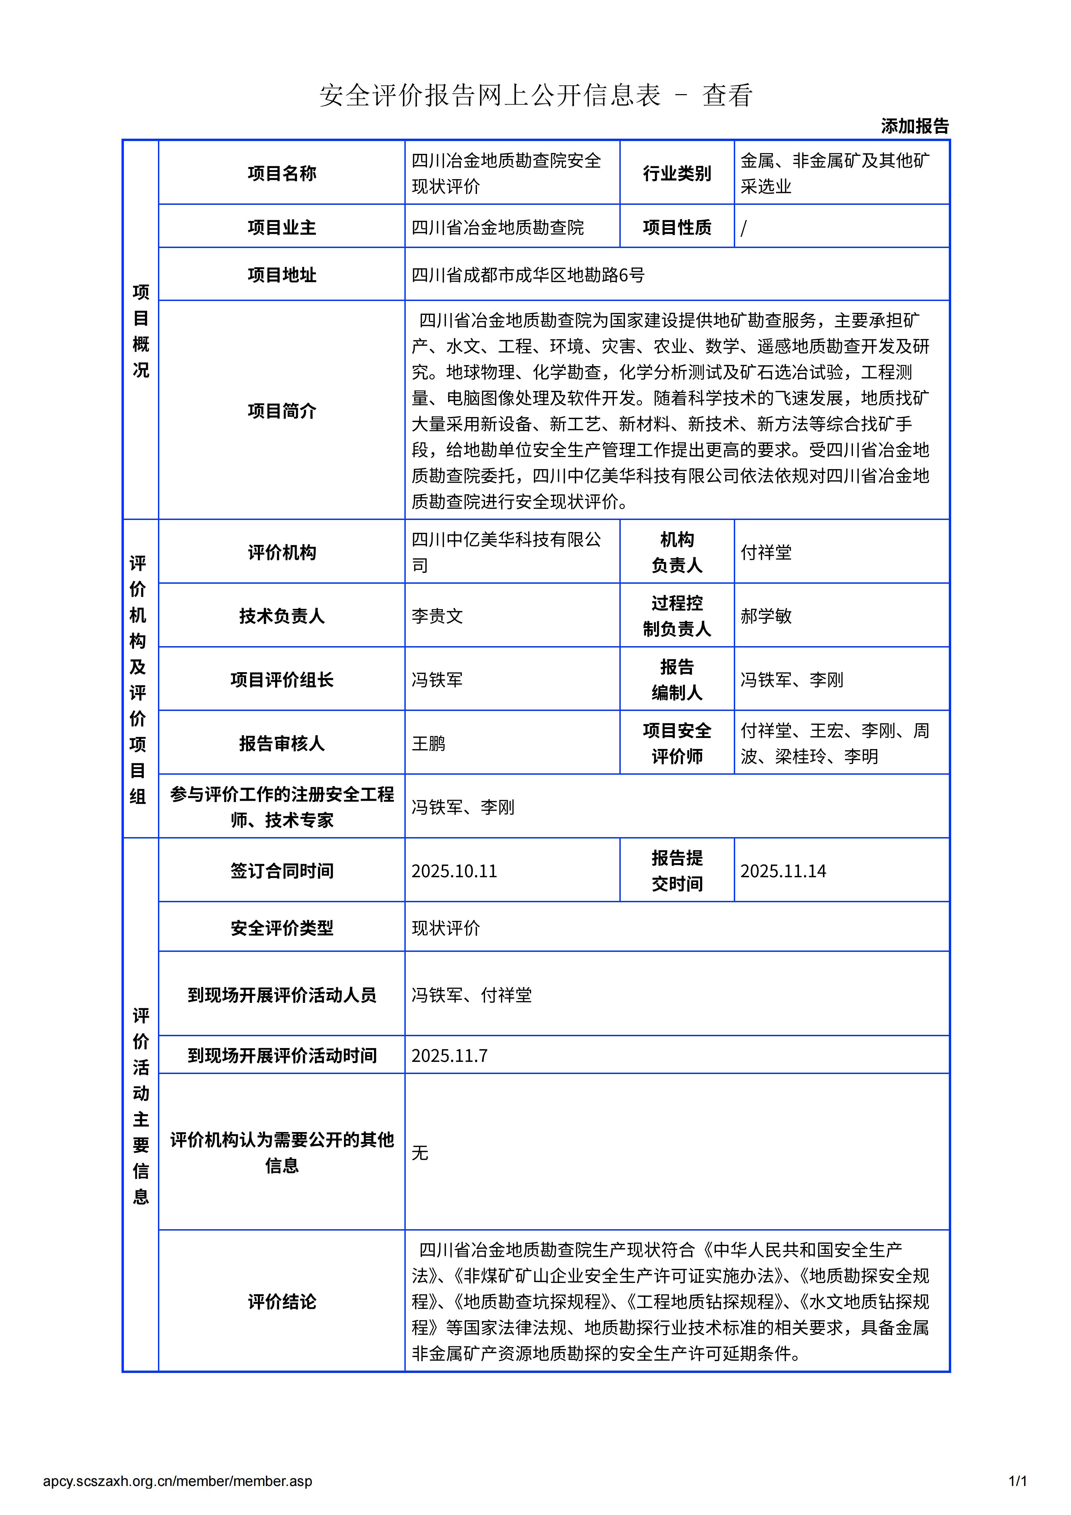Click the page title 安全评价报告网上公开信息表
pyautogui.click(x=490, y=96)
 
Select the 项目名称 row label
pyautogui.click(x=282, y=173)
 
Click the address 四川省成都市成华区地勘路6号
pyautogui.click(x=528, y=275)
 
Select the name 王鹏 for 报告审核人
pyautogui.click(x=428, y=744)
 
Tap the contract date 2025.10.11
pyautogui.click(x=454, y=871)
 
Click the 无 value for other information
pyautogui.click(x=420, y=1153)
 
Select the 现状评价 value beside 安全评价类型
pyautogui.click(x=446, y=928)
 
